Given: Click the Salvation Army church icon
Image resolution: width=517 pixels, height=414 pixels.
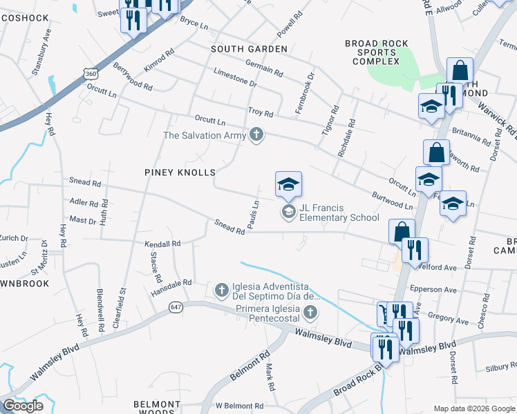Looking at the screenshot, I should click(256, 135).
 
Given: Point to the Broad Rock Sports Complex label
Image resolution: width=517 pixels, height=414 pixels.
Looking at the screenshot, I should click(373, 52).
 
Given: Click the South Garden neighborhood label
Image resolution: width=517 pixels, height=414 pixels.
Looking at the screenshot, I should click(249, 49).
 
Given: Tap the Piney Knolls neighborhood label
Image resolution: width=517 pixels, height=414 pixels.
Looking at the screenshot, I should click(180, 172).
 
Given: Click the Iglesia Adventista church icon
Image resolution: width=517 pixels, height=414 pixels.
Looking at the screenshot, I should click(221, 288).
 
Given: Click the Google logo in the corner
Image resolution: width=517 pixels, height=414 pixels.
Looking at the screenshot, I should click(23, 406).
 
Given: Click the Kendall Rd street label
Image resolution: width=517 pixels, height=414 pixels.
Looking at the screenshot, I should click(162, 244).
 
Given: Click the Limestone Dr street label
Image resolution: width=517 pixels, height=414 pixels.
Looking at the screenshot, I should click(235, 76).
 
